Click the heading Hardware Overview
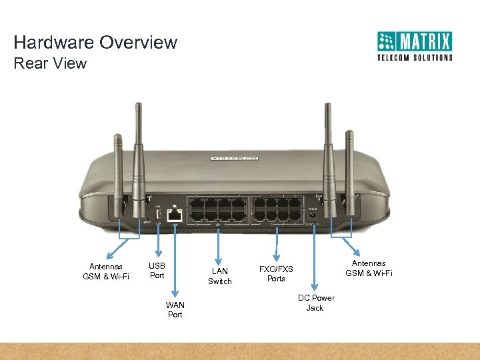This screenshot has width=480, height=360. point(95,43)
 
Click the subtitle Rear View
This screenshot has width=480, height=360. point(50,63)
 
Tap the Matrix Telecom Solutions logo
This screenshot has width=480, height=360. point(414,46)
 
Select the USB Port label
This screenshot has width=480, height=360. point(157,271)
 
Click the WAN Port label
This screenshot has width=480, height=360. point(175,309)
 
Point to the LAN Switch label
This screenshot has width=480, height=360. point(220,276)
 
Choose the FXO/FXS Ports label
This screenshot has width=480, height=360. point(276,273)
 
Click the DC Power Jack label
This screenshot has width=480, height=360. point(316,303)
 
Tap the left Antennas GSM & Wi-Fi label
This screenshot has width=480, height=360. point(106,271)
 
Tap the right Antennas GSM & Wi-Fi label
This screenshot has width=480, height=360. point(369,268)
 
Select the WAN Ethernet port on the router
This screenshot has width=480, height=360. point(175,215)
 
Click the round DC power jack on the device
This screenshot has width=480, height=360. point(312,215)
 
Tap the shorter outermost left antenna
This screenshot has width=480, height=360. point(118,173)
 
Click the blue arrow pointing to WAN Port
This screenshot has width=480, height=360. point(175,260)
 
